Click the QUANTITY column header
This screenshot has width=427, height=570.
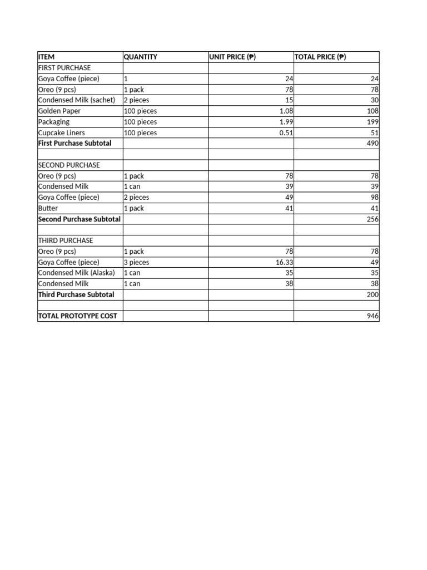click(x=141, y=57)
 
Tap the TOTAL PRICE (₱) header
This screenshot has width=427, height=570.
click(x=320, y=57)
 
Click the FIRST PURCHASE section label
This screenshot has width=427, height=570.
click(x=64, y=68)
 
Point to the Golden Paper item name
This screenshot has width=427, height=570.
click(x=59, y=111)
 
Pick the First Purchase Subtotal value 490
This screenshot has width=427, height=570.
click(x=372, y=144)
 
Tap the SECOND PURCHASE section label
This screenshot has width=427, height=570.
click(x=69, y=165)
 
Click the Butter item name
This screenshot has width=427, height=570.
click(x=48, y=208)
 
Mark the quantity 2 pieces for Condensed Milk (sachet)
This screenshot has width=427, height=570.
click(x=137, y=100)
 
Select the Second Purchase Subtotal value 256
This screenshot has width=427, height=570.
click(x=372, y=219)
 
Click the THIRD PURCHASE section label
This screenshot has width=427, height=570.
click(x=66, y=240)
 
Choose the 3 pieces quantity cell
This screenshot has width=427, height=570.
click(x=137, y=262)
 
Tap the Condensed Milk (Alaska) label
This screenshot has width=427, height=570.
click(x=77, y=273)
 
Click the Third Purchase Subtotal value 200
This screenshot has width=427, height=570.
click(x=372, y=294)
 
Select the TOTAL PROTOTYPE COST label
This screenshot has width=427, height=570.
click(x=77, y=316)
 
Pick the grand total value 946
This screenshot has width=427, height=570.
click(x=372, y=316)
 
